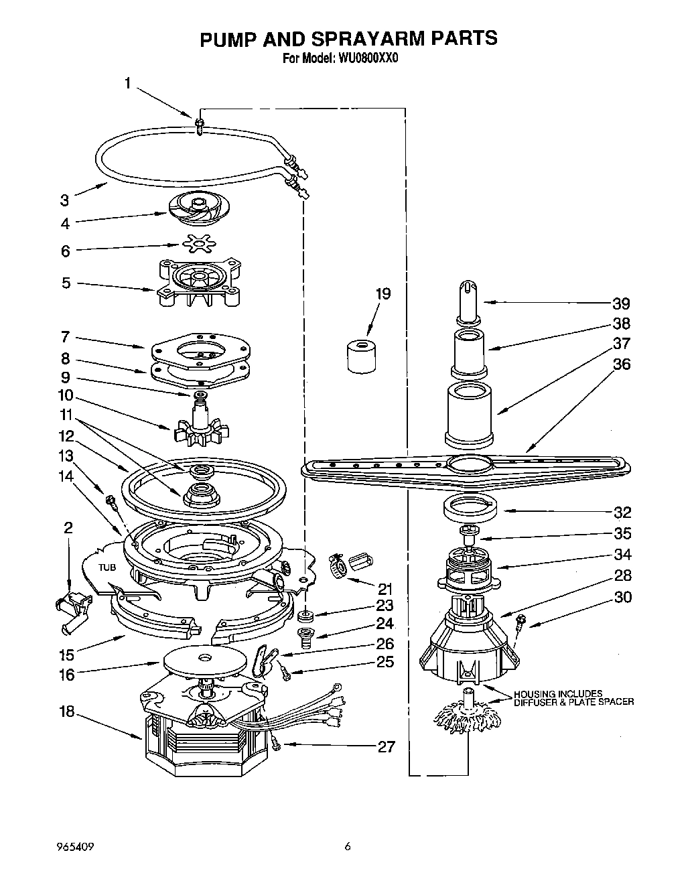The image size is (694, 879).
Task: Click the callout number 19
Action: pyautogui.click(x=383, y=293)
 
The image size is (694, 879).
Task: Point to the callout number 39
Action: pyautogui.click(x=621, y=304)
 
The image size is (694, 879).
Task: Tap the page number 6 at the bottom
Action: pyautogui.click(x=347, y=847)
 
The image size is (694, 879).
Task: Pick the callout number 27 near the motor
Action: pyautogui.click(x=386, y=746)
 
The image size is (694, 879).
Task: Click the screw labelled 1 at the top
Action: pyautogui.click(x=199, y=125)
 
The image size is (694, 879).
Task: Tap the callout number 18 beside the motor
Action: pyautogui.click(x=66, y=712)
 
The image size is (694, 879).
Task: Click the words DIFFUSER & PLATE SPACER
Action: pyautogui.click(x=573, y=702)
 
